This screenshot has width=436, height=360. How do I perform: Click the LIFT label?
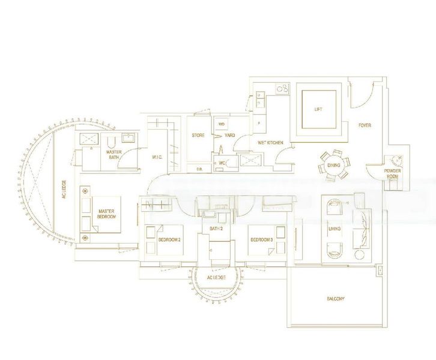318,109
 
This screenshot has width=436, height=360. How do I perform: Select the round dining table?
332,166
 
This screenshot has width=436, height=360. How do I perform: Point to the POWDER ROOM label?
393,174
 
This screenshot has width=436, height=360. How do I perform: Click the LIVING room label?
334,228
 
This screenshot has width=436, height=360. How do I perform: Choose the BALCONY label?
335,298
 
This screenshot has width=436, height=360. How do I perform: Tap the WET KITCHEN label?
270,143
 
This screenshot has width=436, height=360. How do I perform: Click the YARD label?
229,136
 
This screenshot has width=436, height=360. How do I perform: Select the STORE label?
198,136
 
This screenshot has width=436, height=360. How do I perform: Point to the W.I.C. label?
157,157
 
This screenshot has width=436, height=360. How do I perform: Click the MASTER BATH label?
114,155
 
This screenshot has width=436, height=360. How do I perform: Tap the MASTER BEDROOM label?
107,213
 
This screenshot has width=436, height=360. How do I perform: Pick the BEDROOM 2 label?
169,239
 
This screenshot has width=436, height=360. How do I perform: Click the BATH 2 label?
216,229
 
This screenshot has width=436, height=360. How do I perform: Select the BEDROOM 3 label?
262,239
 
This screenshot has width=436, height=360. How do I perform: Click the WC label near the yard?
222,162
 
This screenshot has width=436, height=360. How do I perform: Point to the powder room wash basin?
394,161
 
